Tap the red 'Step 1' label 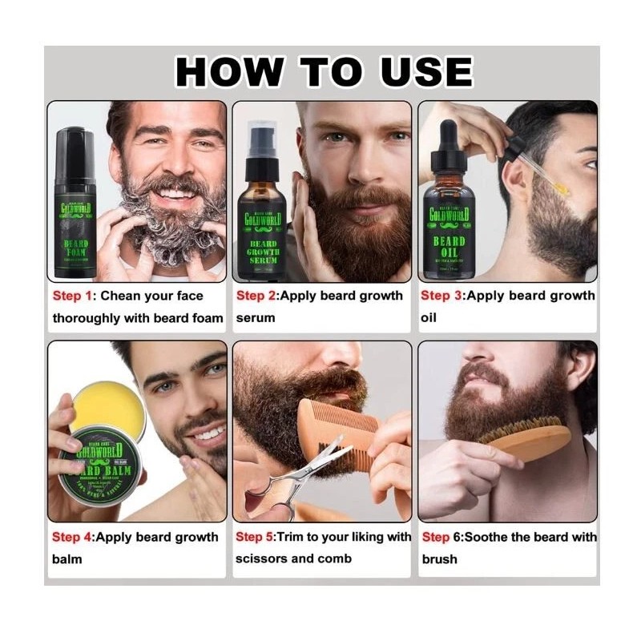[71, 296]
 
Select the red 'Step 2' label [256, 296]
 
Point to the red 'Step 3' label [441, 296]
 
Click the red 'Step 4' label [72, 537]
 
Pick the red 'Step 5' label [256, 537]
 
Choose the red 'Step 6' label [441, 537]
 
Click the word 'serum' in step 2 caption [256, 318]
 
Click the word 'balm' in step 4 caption [67, 558]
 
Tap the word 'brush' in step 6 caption [440, 558]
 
